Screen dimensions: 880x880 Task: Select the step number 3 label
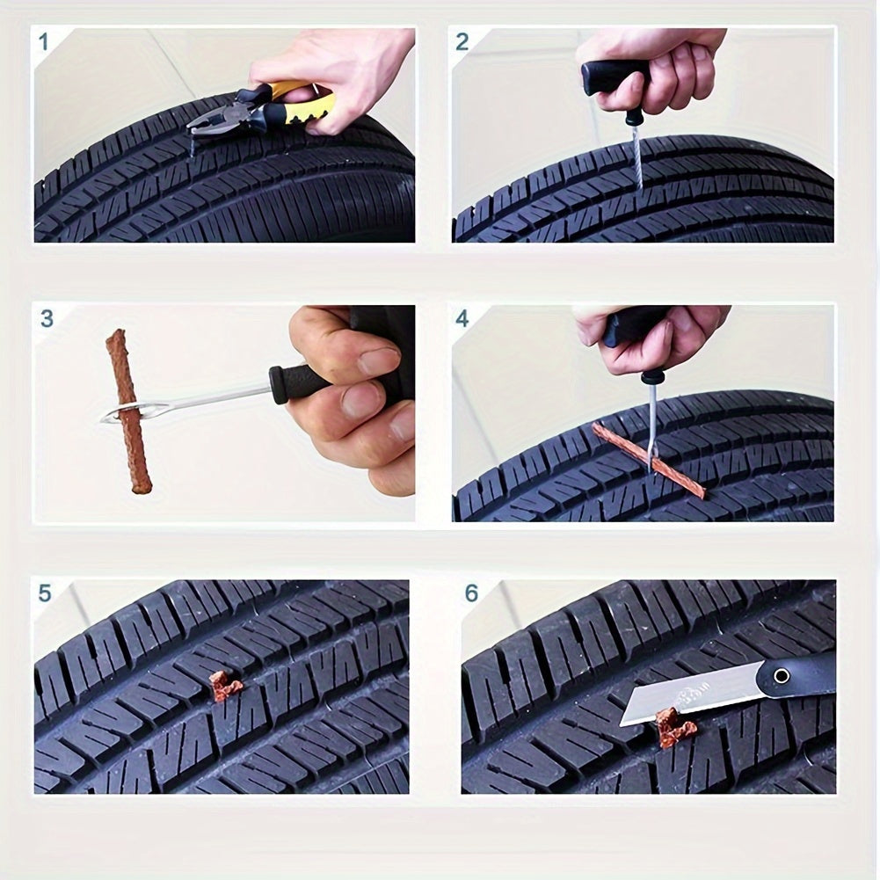click(47, 318)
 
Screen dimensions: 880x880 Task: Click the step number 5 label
click(45, 593)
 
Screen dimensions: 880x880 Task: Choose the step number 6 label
click(472, 593)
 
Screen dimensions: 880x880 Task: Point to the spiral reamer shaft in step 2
click(636, 154)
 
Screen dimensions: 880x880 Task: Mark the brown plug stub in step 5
click(225, 686)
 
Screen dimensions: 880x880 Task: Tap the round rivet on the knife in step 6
click(782, 675)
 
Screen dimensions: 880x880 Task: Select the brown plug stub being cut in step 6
click(674, 727)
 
